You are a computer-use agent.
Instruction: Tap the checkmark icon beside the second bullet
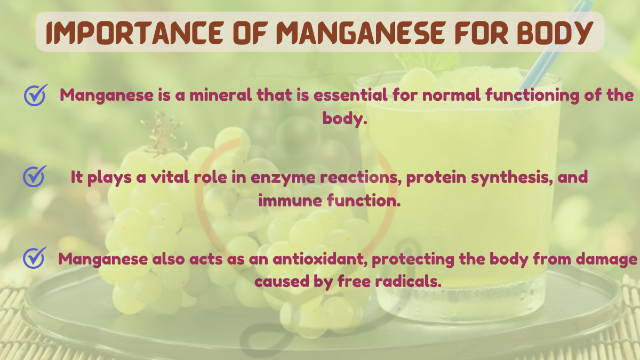(35, 176)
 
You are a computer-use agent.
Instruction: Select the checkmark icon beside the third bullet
(35, 258)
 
